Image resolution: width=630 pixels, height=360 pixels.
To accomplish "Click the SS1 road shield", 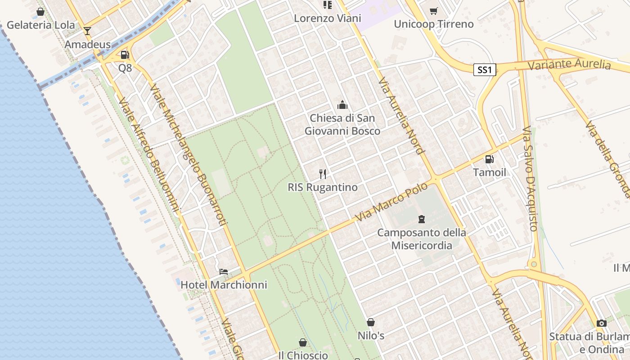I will tap(485, 70).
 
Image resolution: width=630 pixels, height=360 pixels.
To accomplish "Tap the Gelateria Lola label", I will tap(41, 25).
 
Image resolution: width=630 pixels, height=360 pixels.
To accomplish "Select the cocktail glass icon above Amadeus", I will tap(87, 31).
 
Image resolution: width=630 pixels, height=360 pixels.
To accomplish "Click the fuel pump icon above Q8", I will tap(125, 55).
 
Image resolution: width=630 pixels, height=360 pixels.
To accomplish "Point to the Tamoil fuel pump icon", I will tap(489, 159).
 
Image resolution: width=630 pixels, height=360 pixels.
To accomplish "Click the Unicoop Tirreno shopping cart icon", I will tap(433, 11).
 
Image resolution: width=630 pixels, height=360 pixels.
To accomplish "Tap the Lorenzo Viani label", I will tap(328, 18).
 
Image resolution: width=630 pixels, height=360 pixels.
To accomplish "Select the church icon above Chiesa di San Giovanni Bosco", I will tap(342, 105).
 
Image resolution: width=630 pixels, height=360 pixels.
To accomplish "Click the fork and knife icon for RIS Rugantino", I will tap(323, 174).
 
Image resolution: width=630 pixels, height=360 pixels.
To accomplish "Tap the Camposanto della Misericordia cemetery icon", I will tap(422, 219).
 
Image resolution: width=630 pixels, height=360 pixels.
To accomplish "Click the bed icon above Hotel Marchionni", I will tap(224, 271).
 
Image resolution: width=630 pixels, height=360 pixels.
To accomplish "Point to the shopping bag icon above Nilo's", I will tap(371, 322).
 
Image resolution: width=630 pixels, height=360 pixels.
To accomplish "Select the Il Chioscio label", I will tap(303, 355).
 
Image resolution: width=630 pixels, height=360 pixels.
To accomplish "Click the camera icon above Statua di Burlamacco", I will tap(602, 323).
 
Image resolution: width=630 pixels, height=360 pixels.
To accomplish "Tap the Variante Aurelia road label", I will tap(569, 64).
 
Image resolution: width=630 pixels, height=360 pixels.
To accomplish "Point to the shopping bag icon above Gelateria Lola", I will tap(40, 12).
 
